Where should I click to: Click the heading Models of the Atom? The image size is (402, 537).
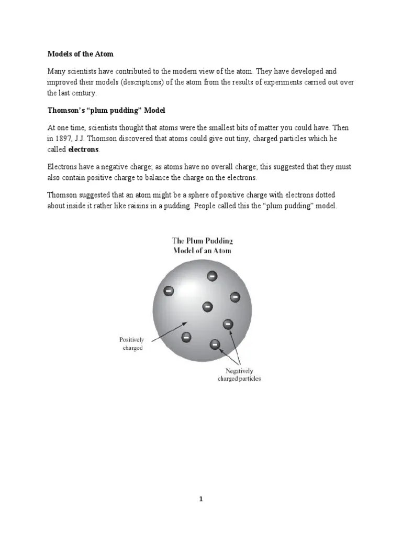80,54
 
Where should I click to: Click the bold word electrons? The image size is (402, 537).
84,149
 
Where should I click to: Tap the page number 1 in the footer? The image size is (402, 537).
200,499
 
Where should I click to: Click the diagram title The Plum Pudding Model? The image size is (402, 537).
202,245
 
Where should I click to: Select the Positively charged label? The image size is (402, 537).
131,344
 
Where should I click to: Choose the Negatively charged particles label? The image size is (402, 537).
239,374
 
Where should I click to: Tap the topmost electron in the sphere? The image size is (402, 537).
212,276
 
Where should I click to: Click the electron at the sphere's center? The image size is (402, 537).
207,306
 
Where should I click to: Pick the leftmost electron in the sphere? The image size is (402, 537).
169,290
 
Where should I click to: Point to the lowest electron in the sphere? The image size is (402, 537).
215,345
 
